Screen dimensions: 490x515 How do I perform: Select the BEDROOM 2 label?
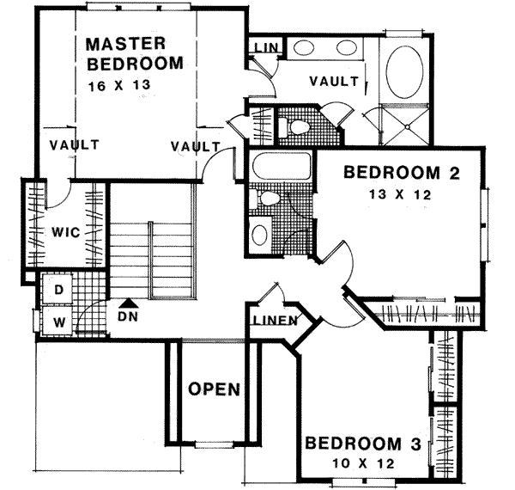(402, 174)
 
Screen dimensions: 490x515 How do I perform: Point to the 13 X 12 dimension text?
(398, 195)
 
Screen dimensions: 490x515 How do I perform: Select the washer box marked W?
(58, 321)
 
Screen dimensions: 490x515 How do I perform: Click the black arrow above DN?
(129, 302)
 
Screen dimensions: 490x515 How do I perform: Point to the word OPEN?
(214, 389)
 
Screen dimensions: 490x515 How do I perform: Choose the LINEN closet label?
(274, 322)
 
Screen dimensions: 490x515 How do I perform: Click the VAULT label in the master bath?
(333, 82)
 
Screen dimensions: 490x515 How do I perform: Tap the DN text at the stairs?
(129, 316)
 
